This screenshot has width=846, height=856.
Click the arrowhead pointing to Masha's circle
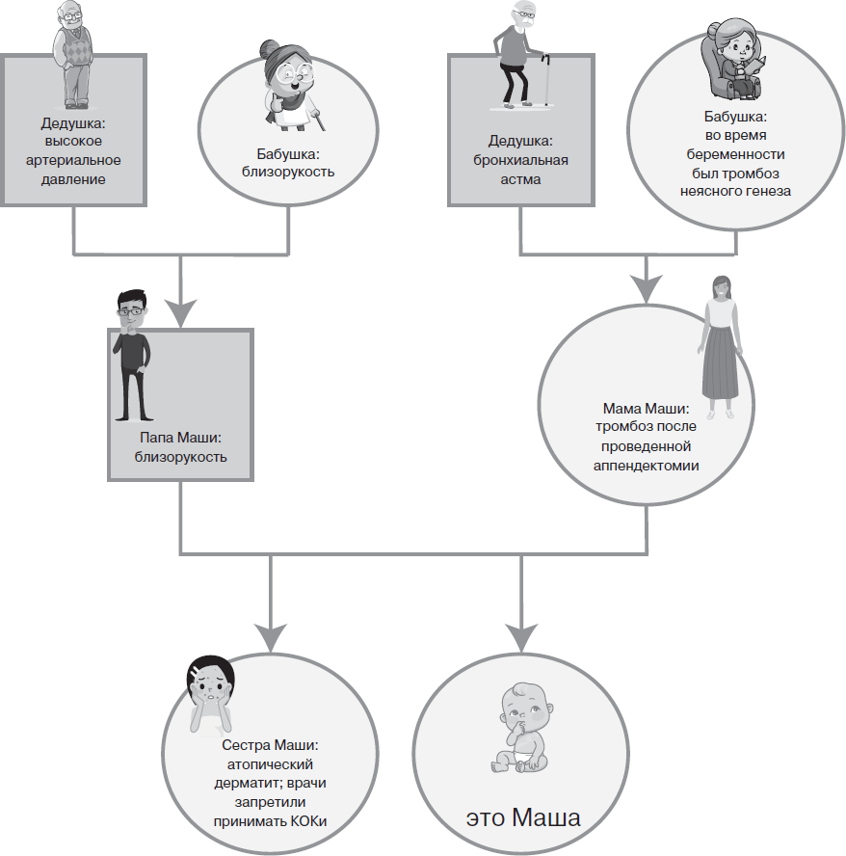521,635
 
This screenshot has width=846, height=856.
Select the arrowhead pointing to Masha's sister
270,635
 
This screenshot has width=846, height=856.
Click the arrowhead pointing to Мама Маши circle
645,285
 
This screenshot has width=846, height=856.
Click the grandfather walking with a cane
520,53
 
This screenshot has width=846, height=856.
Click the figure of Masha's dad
132,353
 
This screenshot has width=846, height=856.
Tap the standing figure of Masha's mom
718,347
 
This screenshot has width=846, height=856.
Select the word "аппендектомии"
648,466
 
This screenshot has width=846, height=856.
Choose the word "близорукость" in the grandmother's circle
288,173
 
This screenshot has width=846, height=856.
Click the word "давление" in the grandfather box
74,179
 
